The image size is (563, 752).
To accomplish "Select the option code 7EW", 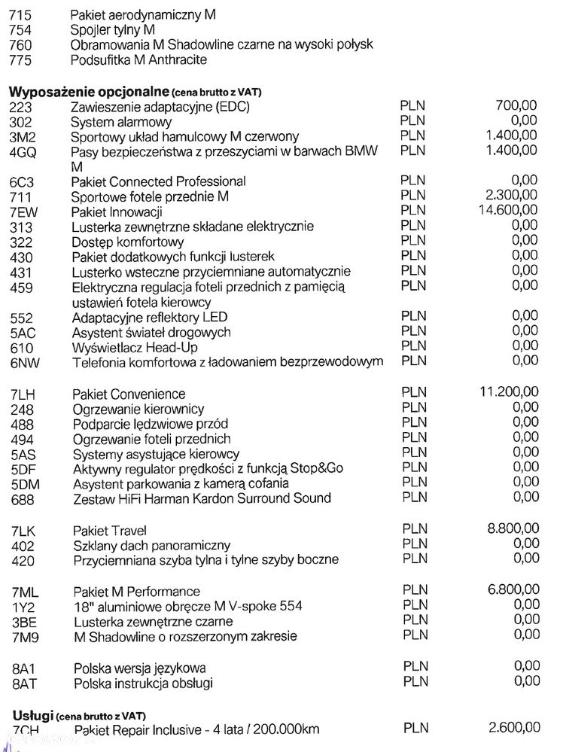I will tap(24, 212).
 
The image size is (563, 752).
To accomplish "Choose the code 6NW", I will tap(24, 363).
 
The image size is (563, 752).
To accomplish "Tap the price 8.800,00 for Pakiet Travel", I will tap(513, 529).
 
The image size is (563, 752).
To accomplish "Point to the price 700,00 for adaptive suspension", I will tap(516, 106).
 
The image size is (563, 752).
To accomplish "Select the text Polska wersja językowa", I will tap(140, 668).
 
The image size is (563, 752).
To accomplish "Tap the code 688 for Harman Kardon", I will tap(23, 498).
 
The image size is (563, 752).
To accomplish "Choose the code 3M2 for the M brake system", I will tap(24, 136).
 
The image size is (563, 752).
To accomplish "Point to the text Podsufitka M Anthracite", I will tap(138, 59).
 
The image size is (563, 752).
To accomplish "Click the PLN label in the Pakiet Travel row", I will tap(414, 530).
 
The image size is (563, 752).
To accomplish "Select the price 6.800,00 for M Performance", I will tap(513, 590).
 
